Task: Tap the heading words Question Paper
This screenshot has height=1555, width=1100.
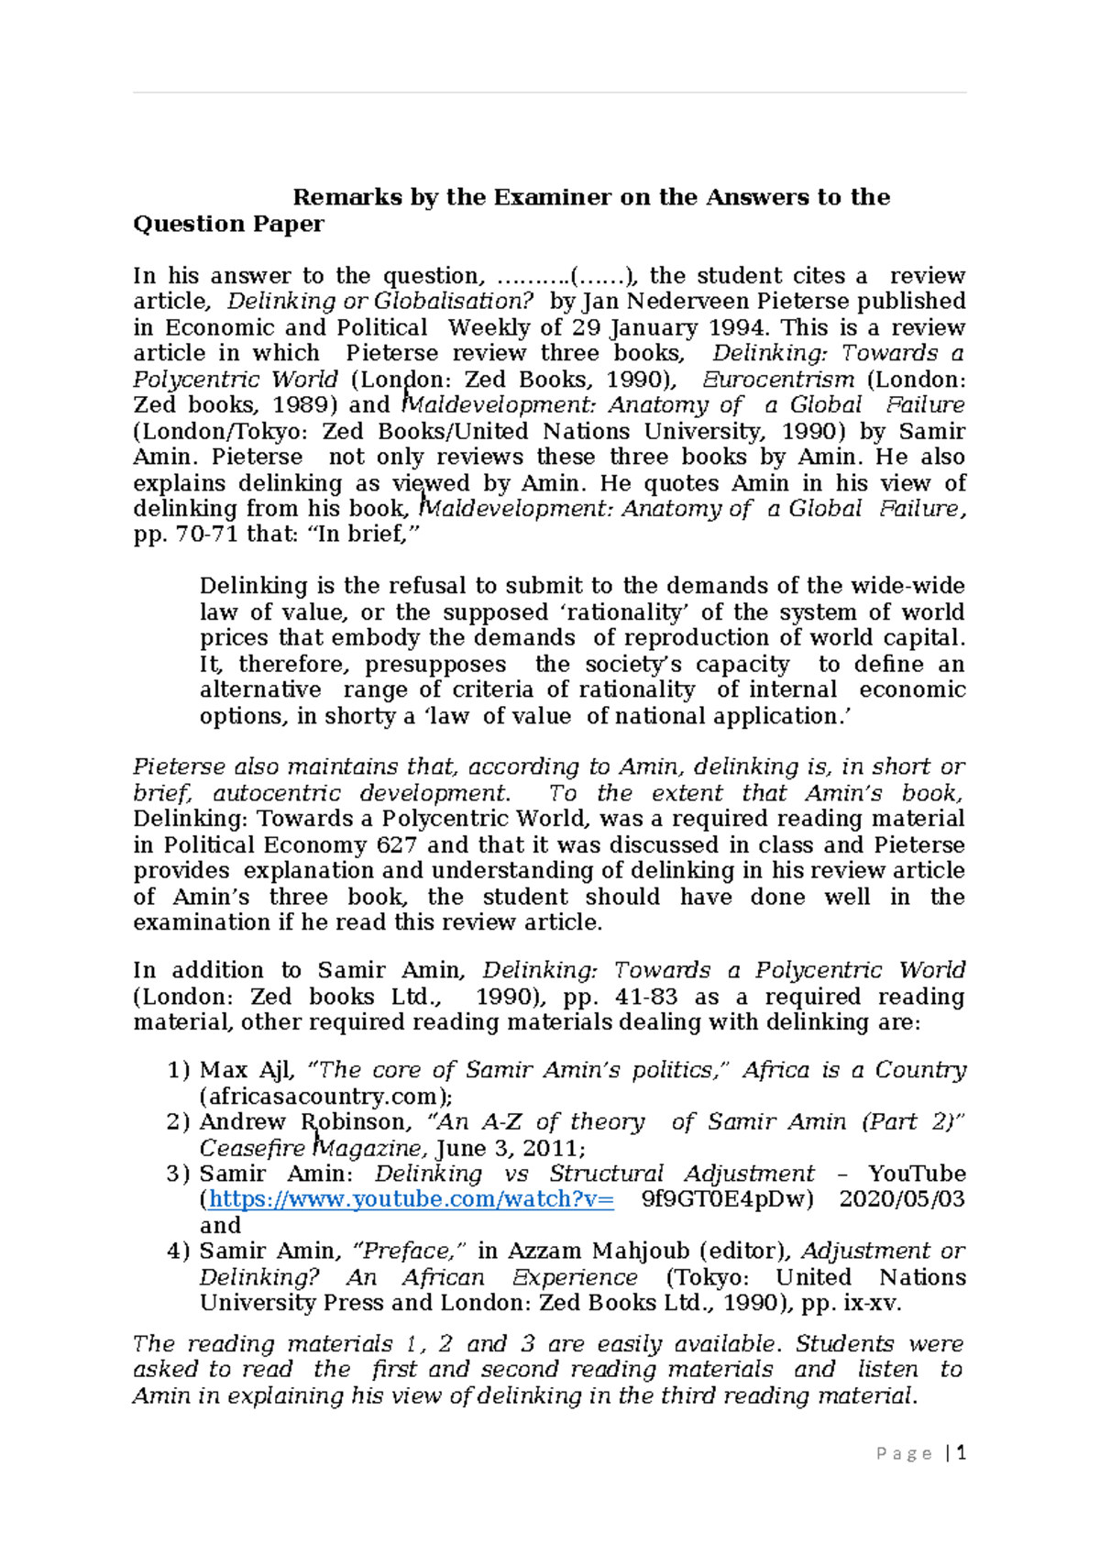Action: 228,224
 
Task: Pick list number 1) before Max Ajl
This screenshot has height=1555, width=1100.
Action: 178,1070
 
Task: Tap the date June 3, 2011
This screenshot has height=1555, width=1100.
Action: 507,1148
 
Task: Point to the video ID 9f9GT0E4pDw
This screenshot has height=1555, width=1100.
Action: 725,1199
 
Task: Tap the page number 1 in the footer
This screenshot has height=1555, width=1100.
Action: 961,1452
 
